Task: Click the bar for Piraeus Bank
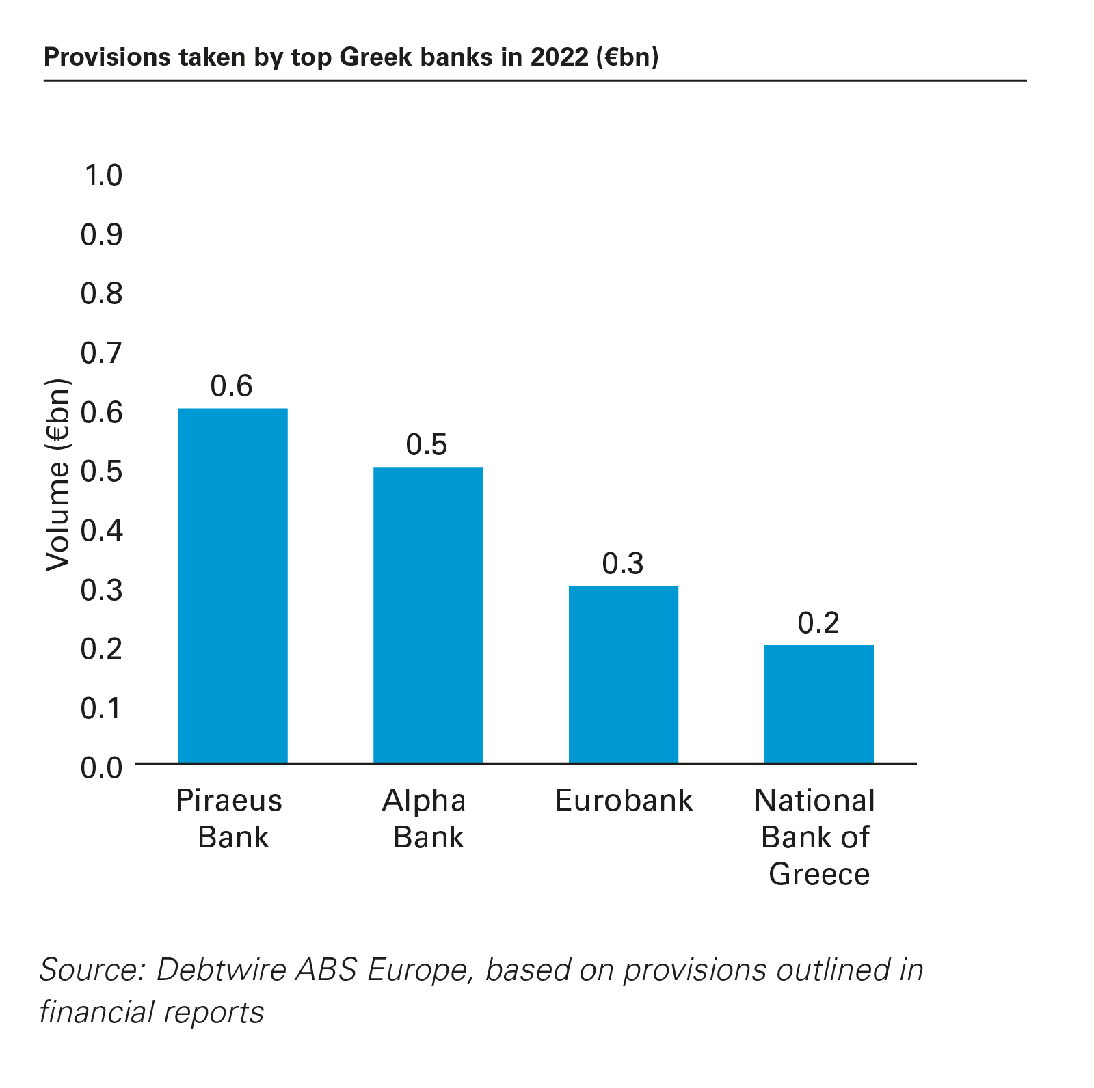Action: [x=232, y=585]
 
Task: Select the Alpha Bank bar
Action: [x=428, y=615]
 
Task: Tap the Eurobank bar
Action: [x=624, y=674]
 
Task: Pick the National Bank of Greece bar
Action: [x=818, y=704]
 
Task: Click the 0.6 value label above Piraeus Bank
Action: [x=232, y=386]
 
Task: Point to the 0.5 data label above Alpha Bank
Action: [x=427, y=445]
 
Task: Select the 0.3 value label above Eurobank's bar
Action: [x=623, y=564]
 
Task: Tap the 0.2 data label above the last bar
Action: [x=818, y=623]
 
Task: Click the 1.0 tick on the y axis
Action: [x=103, y=176]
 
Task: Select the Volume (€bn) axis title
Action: [x=58, y=475]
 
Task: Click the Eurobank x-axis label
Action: [x=624, y=800]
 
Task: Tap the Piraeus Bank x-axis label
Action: [x=230, y=819]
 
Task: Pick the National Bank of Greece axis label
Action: [x=816, y=837]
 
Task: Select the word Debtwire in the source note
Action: [x=222, y=969]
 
